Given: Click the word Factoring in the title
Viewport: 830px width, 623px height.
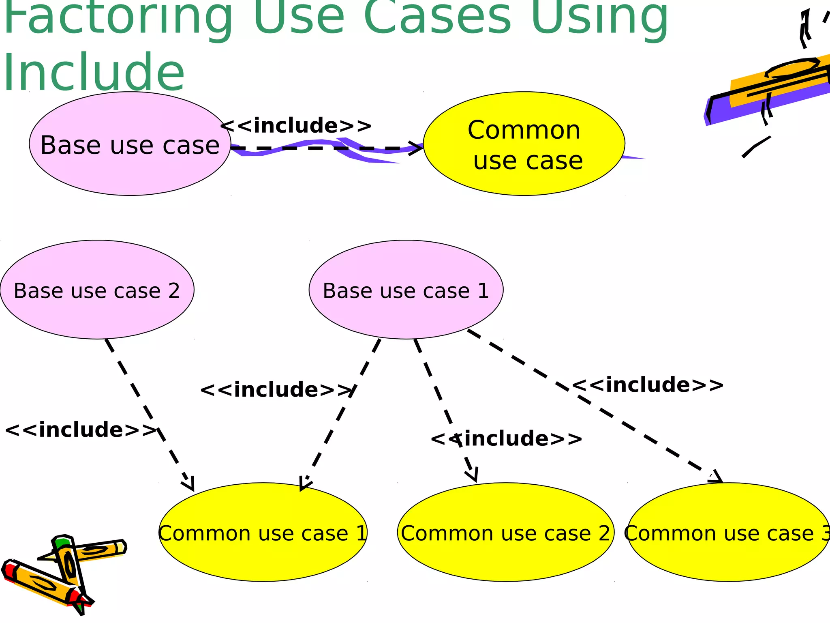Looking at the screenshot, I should tap(118, 16).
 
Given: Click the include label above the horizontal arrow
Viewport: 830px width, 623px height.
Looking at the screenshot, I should tap(296, 125).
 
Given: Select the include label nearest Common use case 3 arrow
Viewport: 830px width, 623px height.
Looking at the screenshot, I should tap(648, 385).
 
